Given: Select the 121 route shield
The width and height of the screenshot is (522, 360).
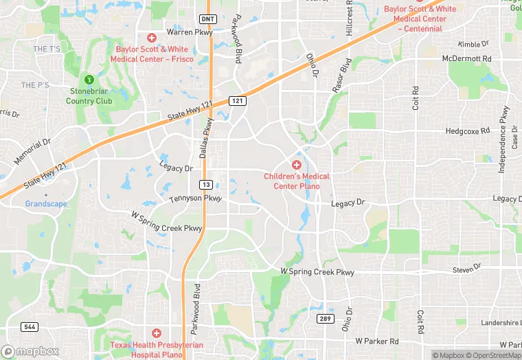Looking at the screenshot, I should click(237, 100).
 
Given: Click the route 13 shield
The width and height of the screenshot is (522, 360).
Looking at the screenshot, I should click(205, 184).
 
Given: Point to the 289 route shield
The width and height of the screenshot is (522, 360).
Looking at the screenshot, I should click(325, 319).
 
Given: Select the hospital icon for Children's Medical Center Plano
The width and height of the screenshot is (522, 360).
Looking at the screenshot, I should click(297, 165).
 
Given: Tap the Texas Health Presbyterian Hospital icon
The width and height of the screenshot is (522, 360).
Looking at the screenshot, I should click(157, 333).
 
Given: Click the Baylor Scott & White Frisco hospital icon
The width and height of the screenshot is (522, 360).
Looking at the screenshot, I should click(152, 37).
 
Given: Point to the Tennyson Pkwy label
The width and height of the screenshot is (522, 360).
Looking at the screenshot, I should click(196, 199).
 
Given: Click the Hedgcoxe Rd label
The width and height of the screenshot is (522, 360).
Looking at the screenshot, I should click(467, 131).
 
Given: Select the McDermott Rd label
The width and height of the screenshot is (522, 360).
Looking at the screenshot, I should click(466, 59).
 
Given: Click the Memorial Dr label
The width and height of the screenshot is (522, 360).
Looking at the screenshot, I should click(32, 151).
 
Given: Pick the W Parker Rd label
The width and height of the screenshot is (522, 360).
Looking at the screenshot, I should click(377, 341).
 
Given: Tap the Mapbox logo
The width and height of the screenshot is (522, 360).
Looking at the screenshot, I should click(30, 351).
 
